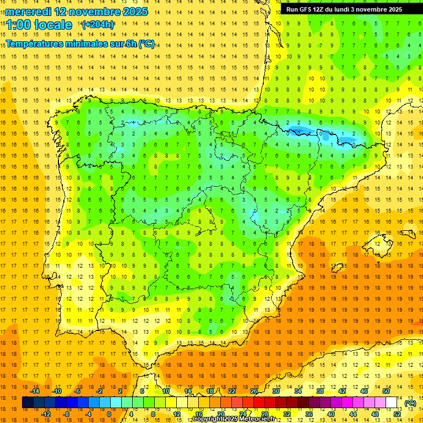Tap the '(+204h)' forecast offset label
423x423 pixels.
(98, 25)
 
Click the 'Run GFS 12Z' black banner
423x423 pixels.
(344, 9)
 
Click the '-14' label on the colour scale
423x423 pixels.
(35, 391)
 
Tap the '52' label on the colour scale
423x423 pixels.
(397, 414)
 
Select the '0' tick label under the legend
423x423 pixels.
(109, 414)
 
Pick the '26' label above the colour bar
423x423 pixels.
(254, 391)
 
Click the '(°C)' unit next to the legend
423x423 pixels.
(410, 403)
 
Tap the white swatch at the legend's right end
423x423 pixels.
(392, 403)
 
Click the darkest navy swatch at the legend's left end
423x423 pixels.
(28, 403)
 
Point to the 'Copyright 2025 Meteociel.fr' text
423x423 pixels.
(234, 419)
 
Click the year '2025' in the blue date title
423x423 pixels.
(134, 12)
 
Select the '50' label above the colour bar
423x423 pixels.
(386, 391)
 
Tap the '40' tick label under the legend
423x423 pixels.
(330, 414)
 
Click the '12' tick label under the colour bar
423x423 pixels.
(177, 414)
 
